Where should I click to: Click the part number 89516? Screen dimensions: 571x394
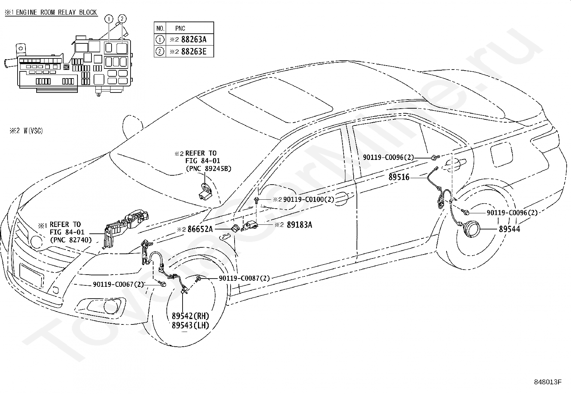[399, 177]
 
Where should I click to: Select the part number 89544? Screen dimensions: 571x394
[509, 229]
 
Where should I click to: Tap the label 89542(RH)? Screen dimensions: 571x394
[190, 316]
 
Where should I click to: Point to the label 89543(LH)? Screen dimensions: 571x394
[190, 325]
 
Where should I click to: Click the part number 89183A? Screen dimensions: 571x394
[299, 225]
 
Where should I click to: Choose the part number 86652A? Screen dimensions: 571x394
[200, 229]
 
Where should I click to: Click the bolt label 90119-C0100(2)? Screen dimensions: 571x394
[309, 199]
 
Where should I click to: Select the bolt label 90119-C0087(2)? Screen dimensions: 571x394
[244, 278]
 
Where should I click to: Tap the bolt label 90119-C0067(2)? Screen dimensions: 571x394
[118, 284]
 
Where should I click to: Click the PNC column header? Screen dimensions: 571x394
[180, 28]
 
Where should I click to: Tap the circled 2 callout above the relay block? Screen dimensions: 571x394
[122, 19]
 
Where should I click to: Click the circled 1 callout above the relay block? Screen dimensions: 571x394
[109, 19]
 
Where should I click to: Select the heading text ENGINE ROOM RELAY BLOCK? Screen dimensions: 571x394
[56, 12]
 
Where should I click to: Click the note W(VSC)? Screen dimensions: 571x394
[33, 131]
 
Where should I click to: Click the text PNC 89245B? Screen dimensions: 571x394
[208, 168]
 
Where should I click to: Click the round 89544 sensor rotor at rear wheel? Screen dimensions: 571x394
[471, 229]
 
